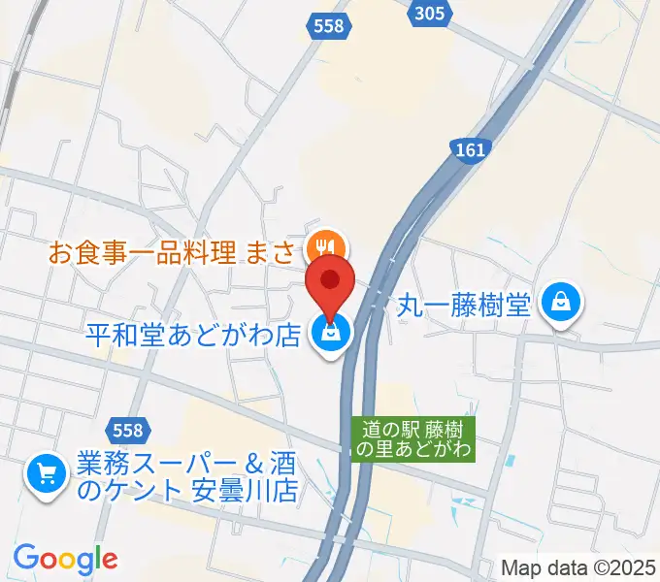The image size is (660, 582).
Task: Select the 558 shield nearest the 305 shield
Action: click(329, 26)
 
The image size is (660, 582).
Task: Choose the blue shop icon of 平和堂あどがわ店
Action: click(330, 334)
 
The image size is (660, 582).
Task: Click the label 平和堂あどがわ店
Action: click(192, 337)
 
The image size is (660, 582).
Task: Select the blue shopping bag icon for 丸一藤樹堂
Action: click(563, 303)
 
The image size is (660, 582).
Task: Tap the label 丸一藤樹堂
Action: click(464, 307)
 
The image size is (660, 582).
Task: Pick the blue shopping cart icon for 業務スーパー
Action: click(46, 474)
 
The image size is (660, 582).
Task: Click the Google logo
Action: click(66, 559)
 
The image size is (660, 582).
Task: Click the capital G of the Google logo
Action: click(25, 558)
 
